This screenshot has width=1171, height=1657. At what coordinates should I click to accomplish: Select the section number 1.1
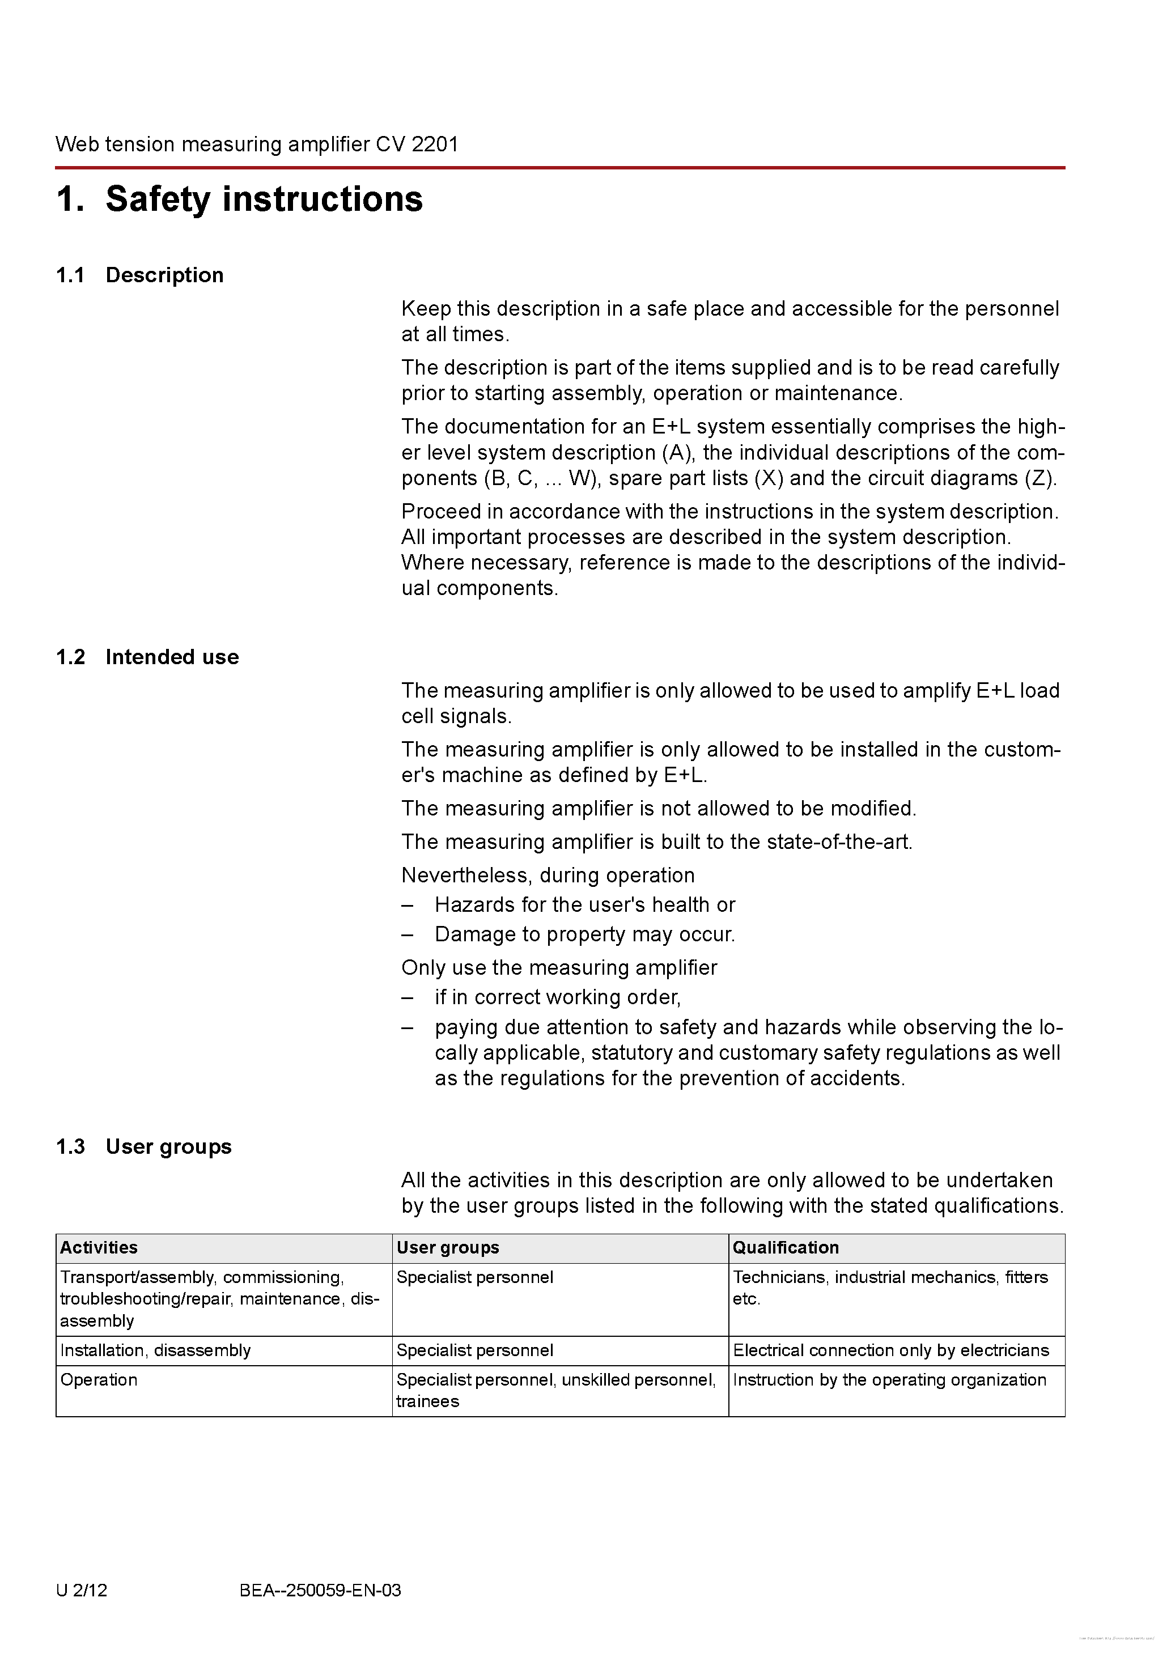point(70,275)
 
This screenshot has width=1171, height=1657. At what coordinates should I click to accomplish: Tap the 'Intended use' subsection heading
point(172,657)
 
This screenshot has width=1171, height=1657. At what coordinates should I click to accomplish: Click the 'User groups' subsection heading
point(168,1147)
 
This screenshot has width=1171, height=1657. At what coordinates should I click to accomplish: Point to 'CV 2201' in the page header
point(417,145)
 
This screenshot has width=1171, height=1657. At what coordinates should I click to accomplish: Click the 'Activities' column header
point(99,1248)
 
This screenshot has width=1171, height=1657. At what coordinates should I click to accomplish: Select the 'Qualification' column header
point(786,1248)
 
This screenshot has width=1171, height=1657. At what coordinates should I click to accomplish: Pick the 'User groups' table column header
point(448,1248)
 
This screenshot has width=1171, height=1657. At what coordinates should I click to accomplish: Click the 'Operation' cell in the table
point(99,1380)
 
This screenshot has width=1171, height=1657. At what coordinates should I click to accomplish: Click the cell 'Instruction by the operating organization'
point(889,1380)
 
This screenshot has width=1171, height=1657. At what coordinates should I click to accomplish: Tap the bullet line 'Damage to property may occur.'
point(585,934)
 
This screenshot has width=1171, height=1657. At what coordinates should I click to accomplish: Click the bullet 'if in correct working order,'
point(557,997)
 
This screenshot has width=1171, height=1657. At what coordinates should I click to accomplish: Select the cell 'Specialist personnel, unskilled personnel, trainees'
point(556,1390)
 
